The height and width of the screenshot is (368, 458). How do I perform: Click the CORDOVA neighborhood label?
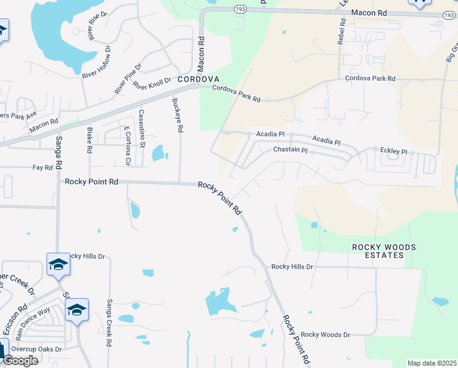(x=198, y=80)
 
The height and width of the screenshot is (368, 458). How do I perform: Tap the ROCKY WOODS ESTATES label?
(x=384, y=251)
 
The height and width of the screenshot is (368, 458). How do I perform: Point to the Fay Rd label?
(x=43, y=167)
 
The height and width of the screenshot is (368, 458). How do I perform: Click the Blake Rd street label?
(x=89, y=140)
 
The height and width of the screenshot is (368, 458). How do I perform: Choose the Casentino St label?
(x=141, y=128)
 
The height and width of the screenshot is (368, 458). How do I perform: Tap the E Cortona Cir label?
(x=127, y=146)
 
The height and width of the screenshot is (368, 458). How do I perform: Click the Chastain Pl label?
(x=290, y=150)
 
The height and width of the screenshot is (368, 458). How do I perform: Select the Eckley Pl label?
(x=393, y=151)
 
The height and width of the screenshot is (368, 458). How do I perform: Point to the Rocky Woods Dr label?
(x=325, y=334)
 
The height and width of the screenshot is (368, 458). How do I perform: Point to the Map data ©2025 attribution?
(x=432, y=363)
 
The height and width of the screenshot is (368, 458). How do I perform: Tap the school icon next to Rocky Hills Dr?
(x=58, y=264)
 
